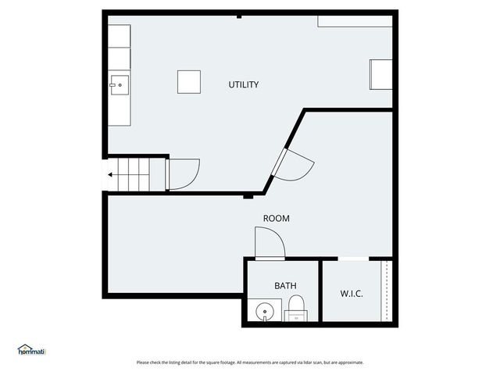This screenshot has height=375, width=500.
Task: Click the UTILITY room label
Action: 243,84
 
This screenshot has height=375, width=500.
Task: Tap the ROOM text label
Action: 276,219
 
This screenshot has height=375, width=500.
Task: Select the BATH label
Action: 284,286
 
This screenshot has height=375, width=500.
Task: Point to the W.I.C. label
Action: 351,294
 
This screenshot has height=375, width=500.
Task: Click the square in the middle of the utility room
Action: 188,81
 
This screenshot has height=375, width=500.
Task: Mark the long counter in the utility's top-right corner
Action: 355,20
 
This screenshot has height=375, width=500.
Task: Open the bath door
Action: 270,243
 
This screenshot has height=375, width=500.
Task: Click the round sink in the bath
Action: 266,312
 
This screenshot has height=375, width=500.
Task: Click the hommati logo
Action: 32,350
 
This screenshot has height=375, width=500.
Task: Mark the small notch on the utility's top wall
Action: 239,16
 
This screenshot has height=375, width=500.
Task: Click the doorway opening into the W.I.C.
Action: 353,259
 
